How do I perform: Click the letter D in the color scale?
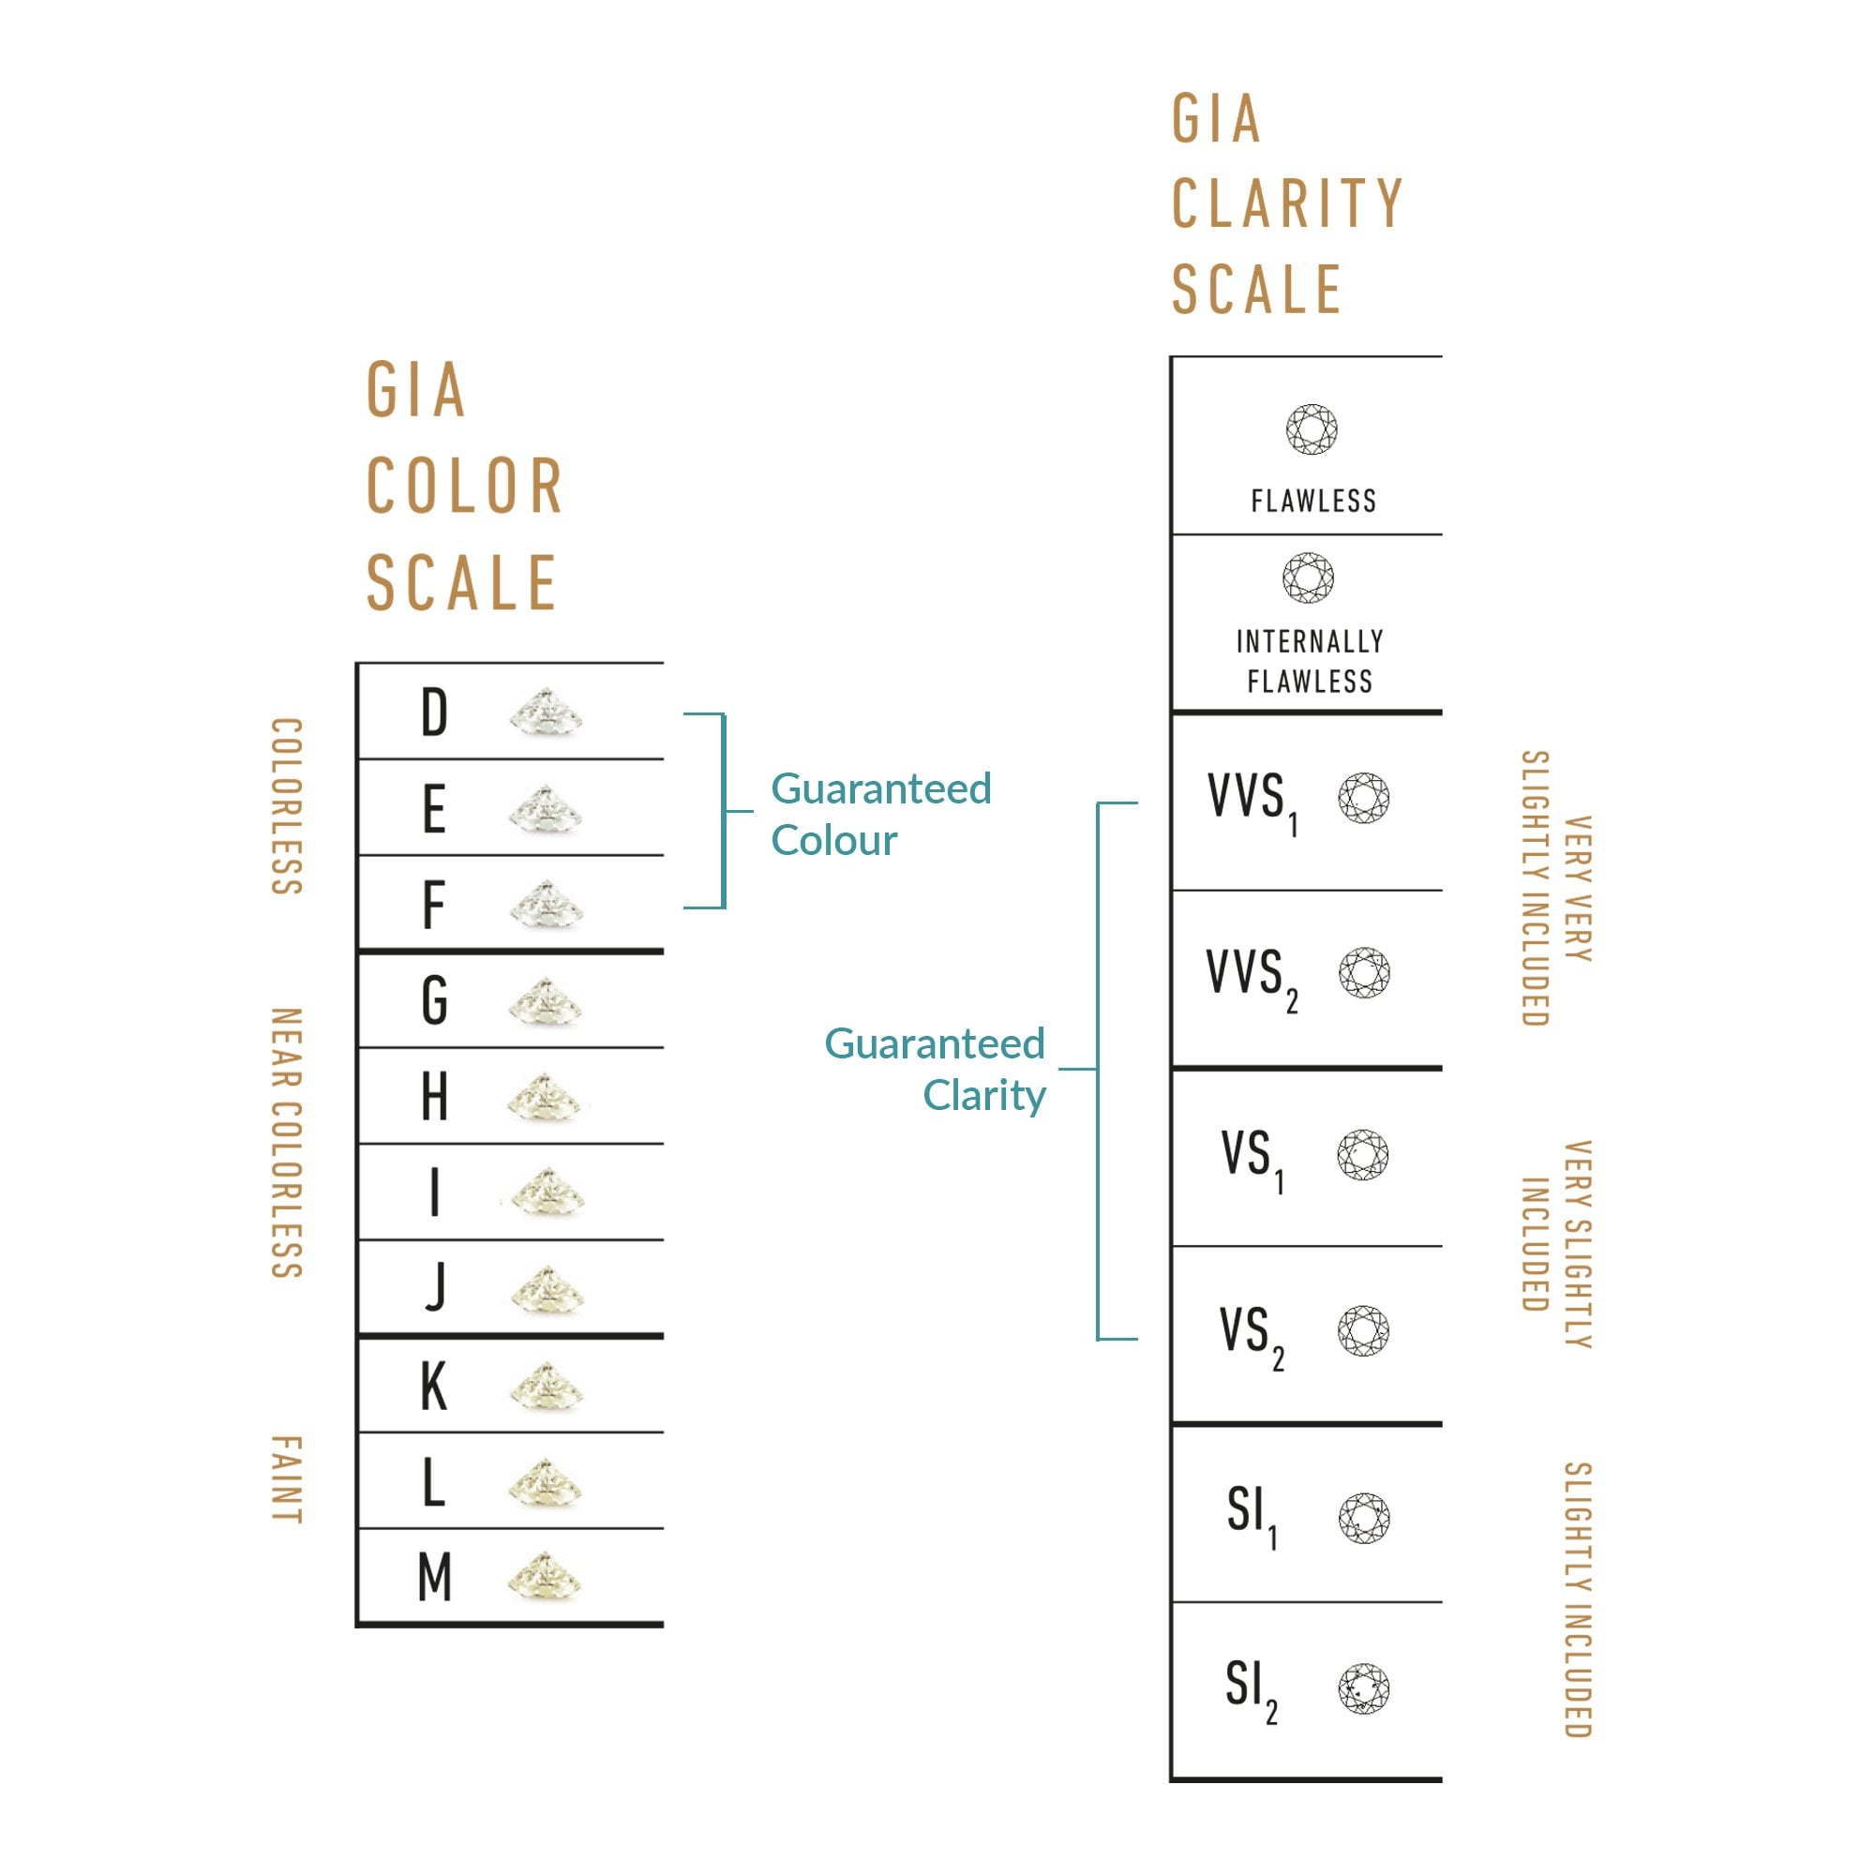click(434, 712)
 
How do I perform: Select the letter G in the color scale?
click(434, 1000)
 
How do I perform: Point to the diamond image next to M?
click(545, 1576)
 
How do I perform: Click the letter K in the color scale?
click(434, 1386)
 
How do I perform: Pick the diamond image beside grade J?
click(547, 1290)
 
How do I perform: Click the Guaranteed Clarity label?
click(935, 1070)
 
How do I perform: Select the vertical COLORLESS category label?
click(286, 806)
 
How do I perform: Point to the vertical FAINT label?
click(286, 1480)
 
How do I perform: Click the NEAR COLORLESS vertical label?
click(286, 1143)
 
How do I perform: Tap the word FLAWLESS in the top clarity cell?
click(1313, 501)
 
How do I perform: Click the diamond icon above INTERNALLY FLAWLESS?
click(1308, 577)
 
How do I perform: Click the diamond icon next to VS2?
click(1363, 1330)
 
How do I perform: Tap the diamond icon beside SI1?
click(1363, 1518)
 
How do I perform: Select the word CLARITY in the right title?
click(1287, 203)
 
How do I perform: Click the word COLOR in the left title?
click(465, 486)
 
